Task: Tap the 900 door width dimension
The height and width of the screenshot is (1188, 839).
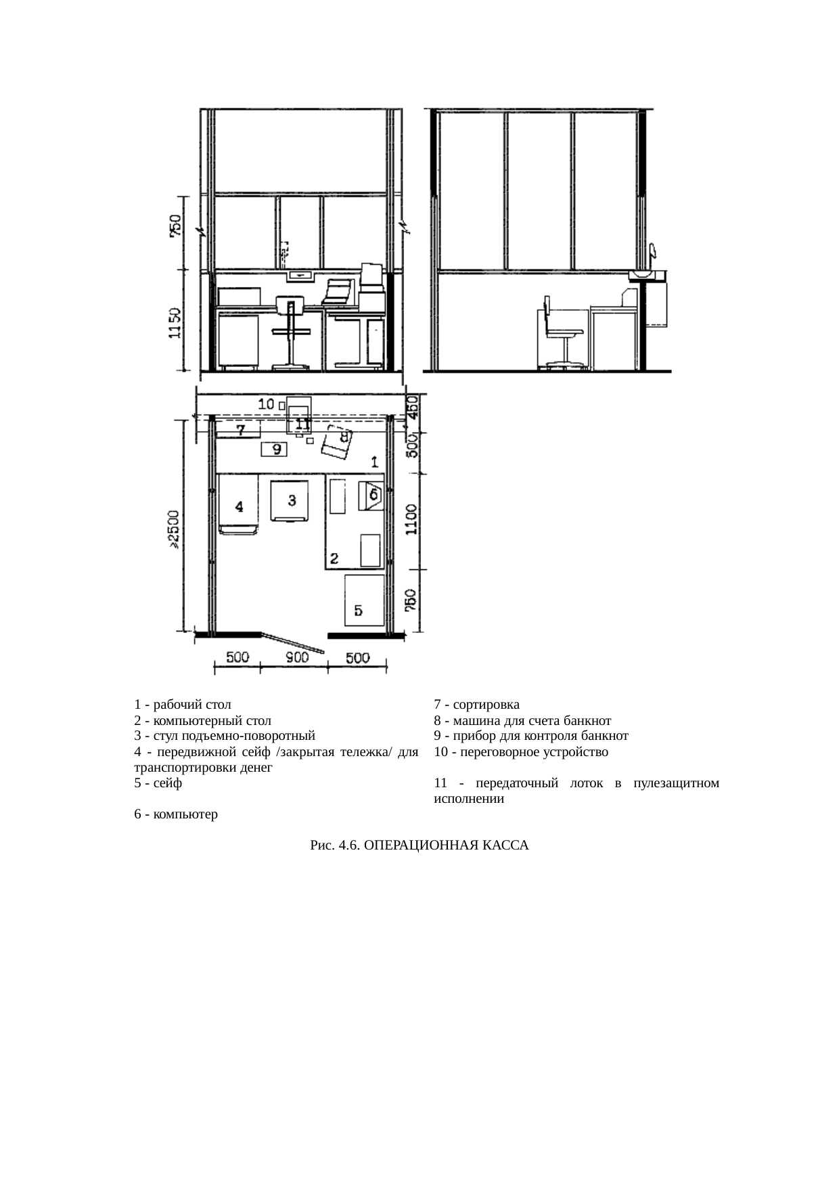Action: click(295, 657)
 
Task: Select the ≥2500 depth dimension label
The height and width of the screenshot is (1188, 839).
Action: click(174, 529)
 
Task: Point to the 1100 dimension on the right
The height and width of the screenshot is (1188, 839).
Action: click(411, 519)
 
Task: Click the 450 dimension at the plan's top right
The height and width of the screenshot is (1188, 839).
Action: click(411, 408)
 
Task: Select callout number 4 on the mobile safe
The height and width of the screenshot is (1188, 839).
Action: click(239, 507)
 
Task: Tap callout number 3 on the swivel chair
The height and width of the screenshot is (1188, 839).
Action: click(292, 500)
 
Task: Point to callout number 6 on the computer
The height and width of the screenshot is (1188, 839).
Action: click(372, 495)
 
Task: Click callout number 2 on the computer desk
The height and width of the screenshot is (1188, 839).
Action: click(334, 558)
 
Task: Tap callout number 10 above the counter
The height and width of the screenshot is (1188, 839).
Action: click(267, 404)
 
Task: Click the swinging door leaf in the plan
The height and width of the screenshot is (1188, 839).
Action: click(292, 643)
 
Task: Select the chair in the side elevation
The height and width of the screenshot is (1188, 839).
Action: click(560, 332)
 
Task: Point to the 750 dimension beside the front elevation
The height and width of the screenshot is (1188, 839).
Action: click(175, 226)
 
